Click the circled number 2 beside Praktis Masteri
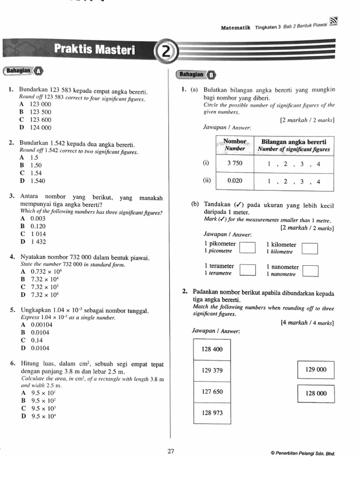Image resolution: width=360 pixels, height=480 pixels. [165, 52]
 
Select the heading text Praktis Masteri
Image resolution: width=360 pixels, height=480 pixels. [94, 49]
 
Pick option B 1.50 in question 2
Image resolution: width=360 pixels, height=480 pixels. [31, 165]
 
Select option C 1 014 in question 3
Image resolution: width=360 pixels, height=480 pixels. [33, 234]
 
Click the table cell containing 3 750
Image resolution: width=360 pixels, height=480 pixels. [235, 164]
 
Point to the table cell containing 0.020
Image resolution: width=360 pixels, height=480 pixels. [235, 181]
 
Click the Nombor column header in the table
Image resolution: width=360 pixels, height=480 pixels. [235, 145]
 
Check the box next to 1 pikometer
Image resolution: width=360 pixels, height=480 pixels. [247, 247]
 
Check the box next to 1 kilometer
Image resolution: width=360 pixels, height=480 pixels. [310, 248]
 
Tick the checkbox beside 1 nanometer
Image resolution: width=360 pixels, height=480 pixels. [310, 270]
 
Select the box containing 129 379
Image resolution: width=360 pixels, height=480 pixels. [212, 370]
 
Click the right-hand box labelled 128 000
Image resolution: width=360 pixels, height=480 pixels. [316, 393]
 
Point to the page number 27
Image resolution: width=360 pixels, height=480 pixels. [171, 451]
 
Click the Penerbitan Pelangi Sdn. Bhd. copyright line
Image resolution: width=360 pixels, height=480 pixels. [303, 453]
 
